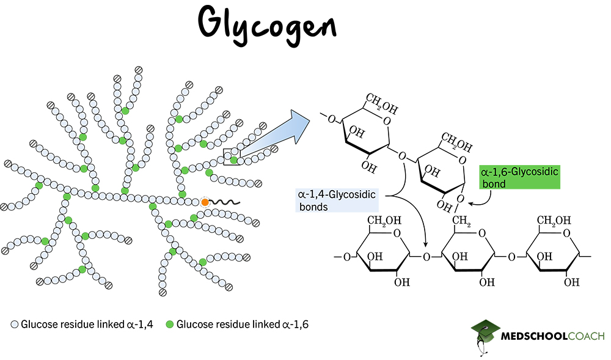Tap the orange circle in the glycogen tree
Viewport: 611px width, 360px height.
point(205,202)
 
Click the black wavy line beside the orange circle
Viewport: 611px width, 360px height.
point(225,202)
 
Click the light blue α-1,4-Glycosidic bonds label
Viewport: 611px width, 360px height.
point(335,200)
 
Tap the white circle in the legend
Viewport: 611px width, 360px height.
point(14,324)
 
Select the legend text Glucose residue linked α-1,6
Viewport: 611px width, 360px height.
point(243,324)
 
